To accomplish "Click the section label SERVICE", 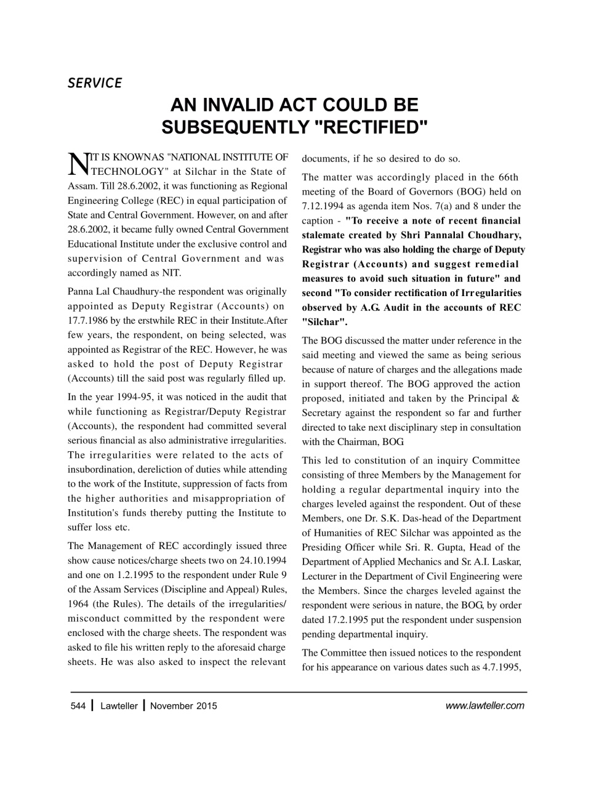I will pyautogui.click(x=95, y=82).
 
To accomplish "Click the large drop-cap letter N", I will pyautogui.click(x=78, y=164).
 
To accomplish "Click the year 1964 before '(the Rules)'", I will pyautogui.click(x=79, y=604).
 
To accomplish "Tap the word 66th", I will pyautogui.click(x=507, y=177).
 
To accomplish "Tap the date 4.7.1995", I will pyautogui.click(x=500, y=667).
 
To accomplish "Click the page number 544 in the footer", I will pyautogui.click(x=78, y=706).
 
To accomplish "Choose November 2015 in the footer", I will pyautogui.click(x=183, y=706).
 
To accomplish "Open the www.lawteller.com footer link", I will pyautogui.click(x=484, y=706).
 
